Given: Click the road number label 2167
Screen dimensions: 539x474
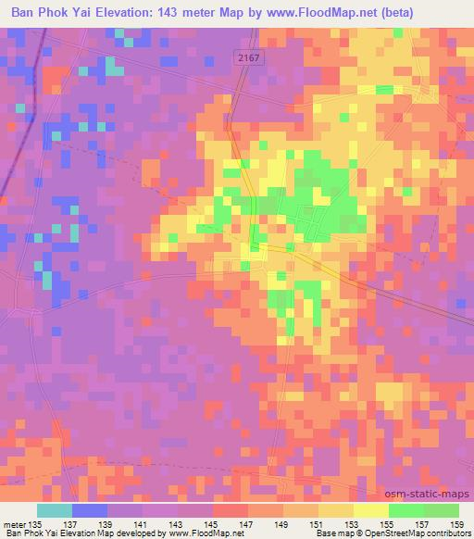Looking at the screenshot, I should [x=245, y=57].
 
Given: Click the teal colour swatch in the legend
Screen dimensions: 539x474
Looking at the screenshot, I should [x=54, y=511].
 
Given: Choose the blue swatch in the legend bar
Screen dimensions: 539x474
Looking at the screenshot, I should [x=89, y=511].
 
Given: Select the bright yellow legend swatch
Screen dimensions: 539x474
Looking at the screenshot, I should [x=370, y=511].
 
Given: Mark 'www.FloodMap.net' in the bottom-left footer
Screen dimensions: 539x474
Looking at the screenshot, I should [x=198, y=533].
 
